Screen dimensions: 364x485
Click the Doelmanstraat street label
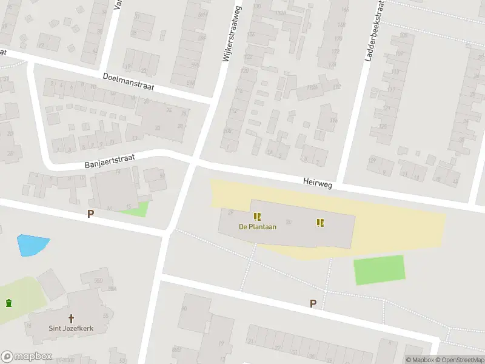129,82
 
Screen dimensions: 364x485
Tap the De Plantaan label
258,227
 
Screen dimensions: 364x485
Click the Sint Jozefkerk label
72,329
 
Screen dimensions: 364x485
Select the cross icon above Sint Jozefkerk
72,318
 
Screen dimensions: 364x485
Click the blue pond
32,244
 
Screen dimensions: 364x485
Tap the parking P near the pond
91,214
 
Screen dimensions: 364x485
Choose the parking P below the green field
313,304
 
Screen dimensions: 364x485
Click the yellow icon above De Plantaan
258,217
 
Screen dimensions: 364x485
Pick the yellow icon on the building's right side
320,223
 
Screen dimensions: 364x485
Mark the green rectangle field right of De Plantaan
380,269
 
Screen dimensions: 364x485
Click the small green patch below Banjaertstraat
135,210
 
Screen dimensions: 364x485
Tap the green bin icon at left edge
8,303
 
